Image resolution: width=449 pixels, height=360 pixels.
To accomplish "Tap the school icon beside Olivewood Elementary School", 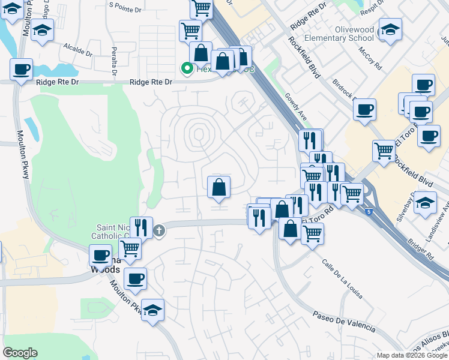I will [x=390, y=29].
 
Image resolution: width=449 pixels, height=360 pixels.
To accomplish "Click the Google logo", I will [x=20, y=353].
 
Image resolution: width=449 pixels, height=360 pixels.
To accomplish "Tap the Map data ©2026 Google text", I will [x=412, y=355].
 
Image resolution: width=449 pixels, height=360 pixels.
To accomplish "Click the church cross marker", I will [x=159, y=230].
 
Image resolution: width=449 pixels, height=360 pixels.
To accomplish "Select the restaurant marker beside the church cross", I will [x=140, y=227].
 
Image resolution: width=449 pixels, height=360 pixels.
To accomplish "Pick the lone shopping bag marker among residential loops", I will [x=219, y=187].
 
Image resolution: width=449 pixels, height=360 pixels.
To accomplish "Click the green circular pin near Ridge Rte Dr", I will [x=187, y=69].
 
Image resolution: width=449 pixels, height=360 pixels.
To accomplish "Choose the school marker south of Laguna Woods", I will [x=153, y=311].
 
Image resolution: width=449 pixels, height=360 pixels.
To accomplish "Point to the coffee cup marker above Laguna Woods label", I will [x=101, y=256].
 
